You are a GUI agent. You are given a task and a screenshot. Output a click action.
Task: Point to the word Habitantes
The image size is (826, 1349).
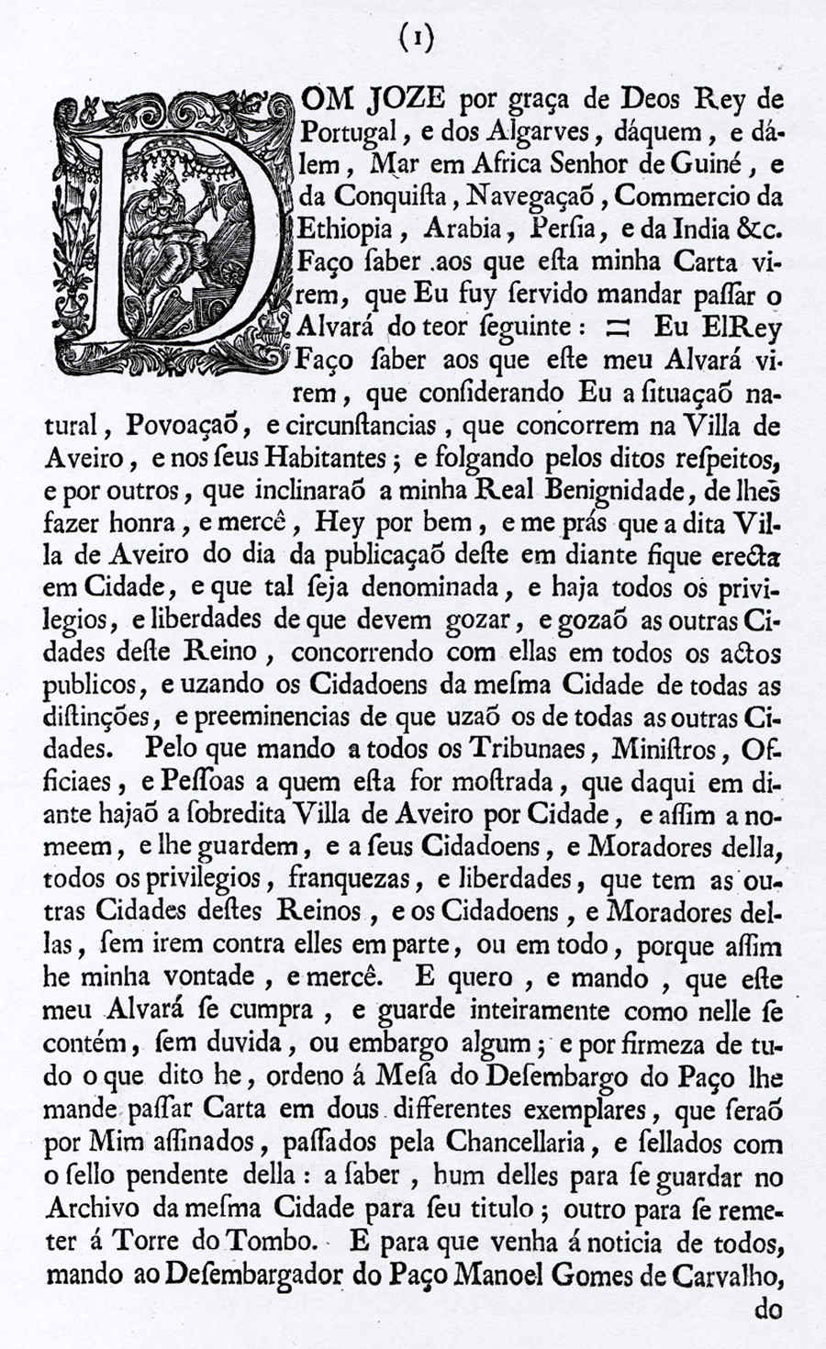click(328, 457)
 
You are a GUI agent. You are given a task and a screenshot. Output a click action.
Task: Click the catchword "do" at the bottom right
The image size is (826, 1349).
click(766, 1309)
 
